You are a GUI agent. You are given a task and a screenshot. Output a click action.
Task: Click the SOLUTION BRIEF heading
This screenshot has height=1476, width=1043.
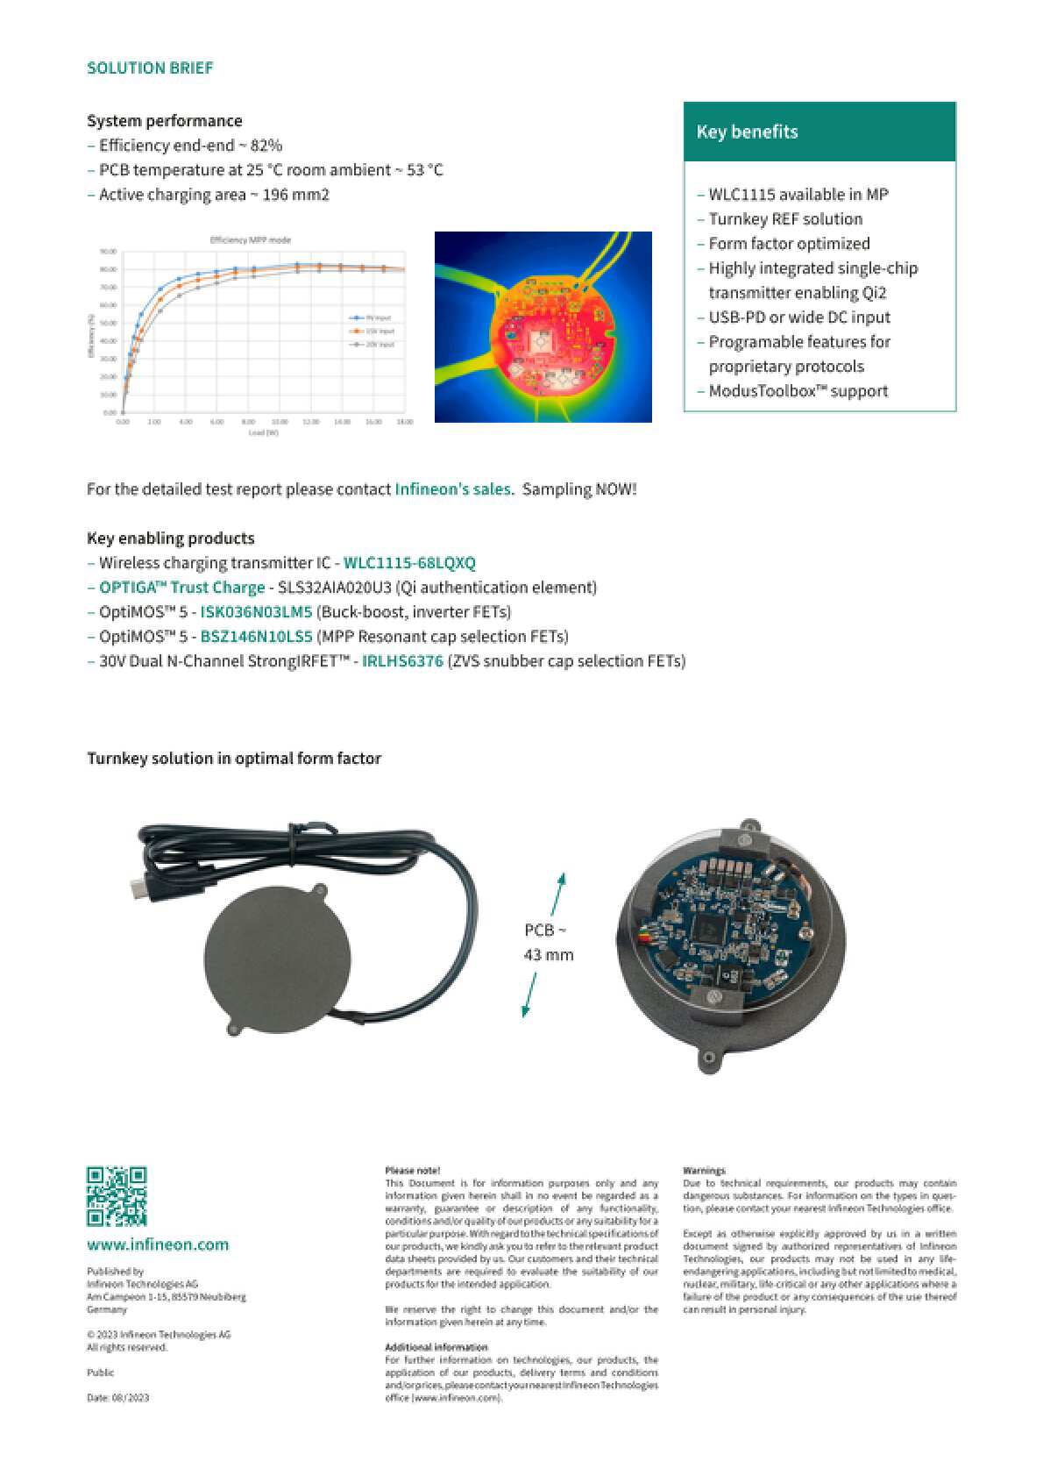pyautogui.click(x=150, y=68)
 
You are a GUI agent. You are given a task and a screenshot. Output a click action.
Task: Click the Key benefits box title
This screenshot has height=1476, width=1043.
pyautogui.click(x=747, y=132)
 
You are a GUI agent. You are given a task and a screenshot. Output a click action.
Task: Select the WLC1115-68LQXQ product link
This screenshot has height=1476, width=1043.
pyautogui.click(x=409, y=563)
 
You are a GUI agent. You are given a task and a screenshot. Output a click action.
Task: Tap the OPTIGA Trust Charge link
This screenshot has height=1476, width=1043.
pyautogui.click(x=181, y=588)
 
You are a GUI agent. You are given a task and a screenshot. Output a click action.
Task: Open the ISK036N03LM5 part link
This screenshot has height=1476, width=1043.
pyautogui.click(x=256, y=612)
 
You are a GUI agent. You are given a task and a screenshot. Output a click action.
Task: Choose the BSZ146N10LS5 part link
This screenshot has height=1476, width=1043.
pyautogui.click(x=256, y=637)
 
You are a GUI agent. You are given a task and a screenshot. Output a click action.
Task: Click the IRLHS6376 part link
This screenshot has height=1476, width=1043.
pyautogui.click(x=402, y=661)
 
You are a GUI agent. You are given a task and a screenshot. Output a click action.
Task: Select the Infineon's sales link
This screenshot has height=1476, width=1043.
pyautogui.click(x=452, y=489)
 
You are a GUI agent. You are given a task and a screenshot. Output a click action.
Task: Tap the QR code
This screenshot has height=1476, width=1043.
pyautogui.click(x=117, y=1195)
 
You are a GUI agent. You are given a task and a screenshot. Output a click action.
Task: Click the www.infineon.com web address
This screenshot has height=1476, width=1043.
pyautogui.click(x=158, y=1244)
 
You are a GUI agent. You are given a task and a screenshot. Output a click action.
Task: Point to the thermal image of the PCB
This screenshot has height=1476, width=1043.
pyautogui.click(x=543, y=327)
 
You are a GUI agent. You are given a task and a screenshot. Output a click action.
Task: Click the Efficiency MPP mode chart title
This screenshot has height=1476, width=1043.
pyautogui.click(x=251, y=239)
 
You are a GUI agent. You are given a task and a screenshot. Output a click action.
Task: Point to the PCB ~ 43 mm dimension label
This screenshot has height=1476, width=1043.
pyautogui.click(x=548, y=942)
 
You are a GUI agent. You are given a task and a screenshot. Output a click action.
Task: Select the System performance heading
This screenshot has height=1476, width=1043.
pyautogui.click(x=165, y=121)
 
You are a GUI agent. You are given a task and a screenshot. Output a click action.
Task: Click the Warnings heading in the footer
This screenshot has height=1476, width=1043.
pyautogui.click(x=704, y=1170)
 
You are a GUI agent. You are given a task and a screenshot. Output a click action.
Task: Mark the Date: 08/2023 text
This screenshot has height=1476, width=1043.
pyautogui.click(x=117, y=1397)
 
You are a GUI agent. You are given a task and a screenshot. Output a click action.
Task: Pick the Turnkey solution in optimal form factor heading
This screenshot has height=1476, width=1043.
pyautogui.click(x=234, y=759)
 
